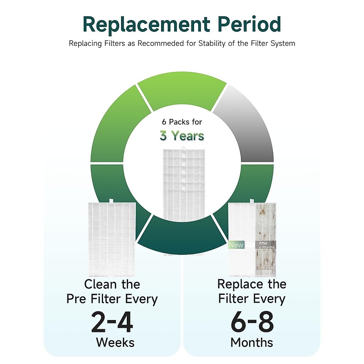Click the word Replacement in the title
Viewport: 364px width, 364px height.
147,25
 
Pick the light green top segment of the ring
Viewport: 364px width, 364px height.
182,91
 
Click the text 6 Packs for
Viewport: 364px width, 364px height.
182,122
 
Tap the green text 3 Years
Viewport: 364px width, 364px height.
182,136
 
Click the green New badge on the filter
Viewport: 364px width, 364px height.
236,245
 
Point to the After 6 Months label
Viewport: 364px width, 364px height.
266,245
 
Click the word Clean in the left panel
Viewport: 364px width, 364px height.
100,285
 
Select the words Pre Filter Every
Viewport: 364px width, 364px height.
112,299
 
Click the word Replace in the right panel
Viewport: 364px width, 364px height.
239,285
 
